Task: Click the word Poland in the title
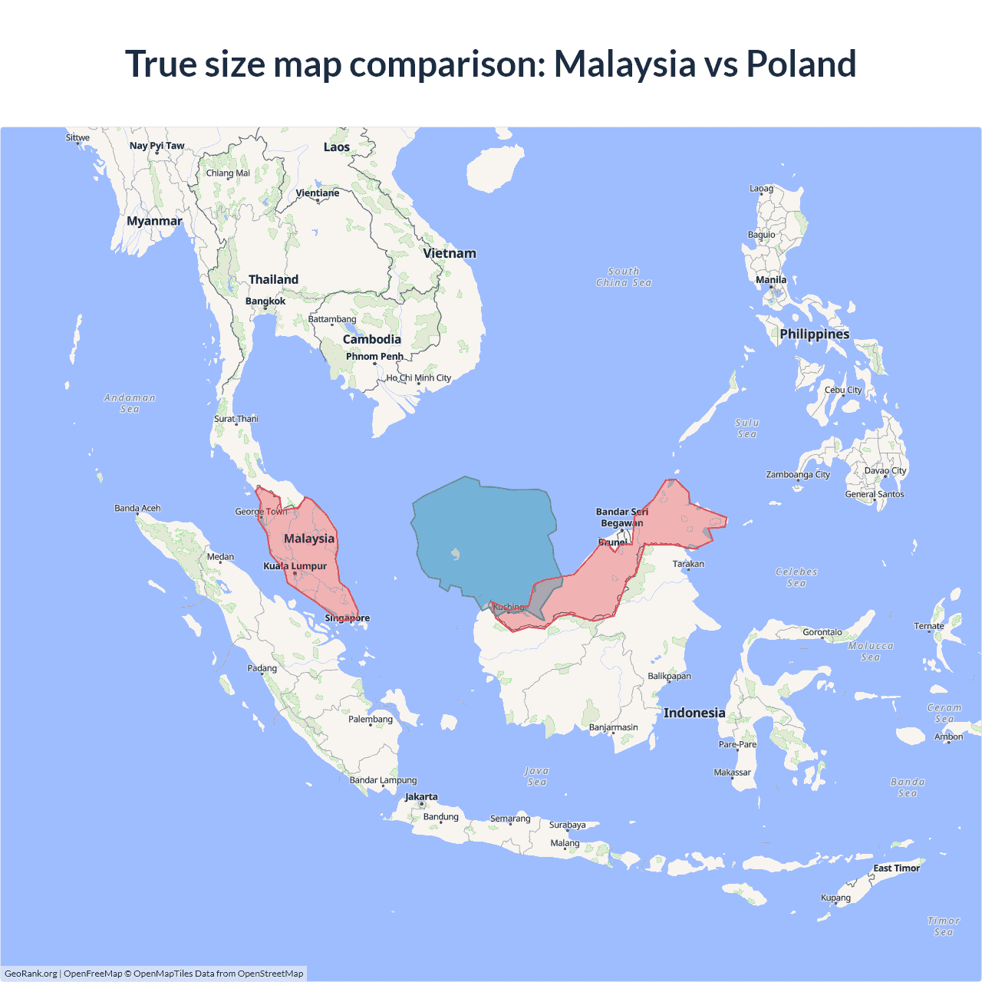click(801, 64)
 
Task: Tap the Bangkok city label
click(265, 302)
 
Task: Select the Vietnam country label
click(450, 253)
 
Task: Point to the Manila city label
click(771, 280)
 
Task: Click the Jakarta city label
click(421, 797)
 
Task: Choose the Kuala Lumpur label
click(295, 566)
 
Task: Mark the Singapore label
click(347, 618)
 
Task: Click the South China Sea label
click(624, 277)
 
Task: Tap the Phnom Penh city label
click(374, 357)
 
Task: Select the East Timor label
click(896, 868)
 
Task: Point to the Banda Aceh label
click(138, 509)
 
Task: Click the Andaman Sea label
click(130, 404)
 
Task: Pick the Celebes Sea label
click(796, 577)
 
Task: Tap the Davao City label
click(885, 471)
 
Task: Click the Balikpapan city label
click(669, 677)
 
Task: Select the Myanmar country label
click(154, 221)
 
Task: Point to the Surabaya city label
click(567, 825)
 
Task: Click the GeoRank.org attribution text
click(31, 974)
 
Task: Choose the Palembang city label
click(371, 720)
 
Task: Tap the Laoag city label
click(761, 189)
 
